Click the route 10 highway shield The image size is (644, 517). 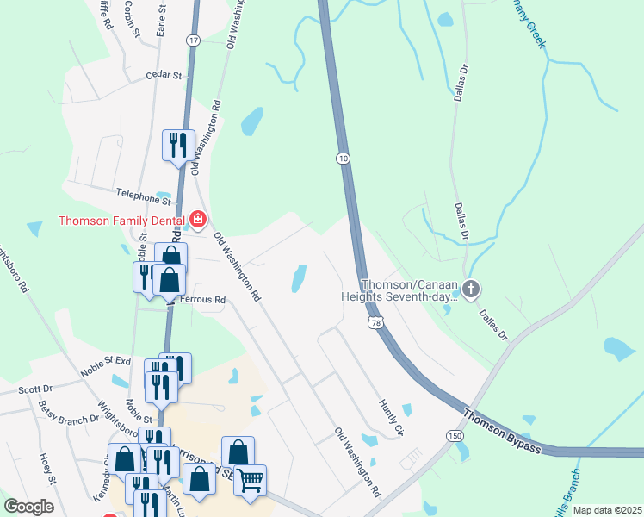pos(344,159)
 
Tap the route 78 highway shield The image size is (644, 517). pos(375,322)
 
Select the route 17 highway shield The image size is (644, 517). pos(192,40)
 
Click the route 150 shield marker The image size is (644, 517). pos(454,436)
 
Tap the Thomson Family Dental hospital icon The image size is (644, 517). pos(198,221)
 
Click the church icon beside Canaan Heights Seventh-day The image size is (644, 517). pos(470,290)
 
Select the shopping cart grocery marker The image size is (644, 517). pos(251,479)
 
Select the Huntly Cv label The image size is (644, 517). pos(392,415)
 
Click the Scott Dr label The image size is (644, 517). pos(35,389)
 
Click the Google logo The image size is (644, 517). pos(28,507)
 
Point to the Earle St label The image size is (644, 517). pos(160,17)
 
